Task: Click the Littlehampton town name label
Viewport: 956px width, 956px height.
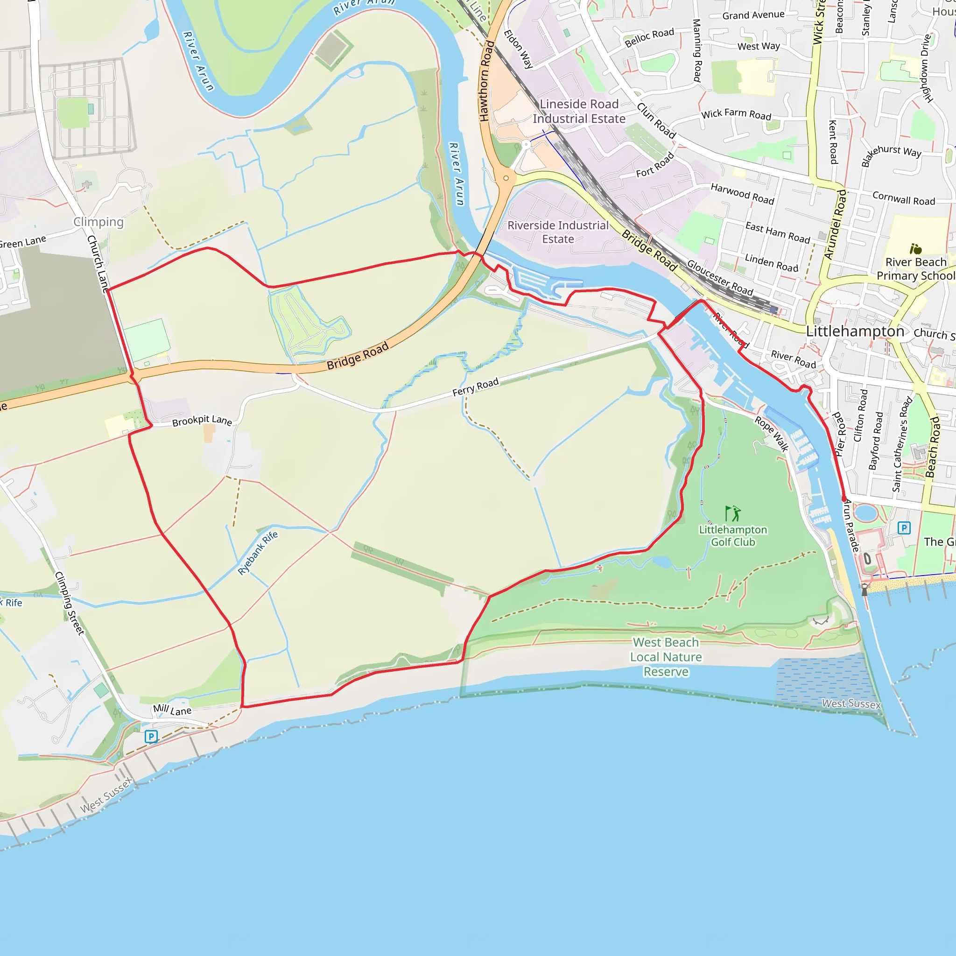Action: coord(855,331)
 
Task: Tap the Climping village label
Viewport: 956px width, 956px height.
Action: coord(98,222)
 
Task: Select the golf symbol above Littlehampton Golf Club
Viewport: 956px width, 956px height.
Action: coord(732,513)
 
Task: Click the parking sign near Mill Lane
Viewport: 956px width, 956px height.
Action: coord(151,737)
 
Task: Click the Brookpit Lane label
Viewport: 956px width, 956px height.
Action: coord(202,421)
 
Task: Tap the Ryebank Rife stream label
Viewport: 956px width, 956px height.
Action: coord(257,553)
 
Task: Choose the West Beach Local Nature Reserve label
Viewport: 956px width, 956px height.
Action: coord(666,657)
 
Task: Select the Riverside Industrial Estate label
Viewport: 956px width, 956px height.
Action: coord(558,232)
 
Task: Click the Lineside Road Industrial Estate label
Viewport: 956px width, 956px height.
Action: coord(579,112)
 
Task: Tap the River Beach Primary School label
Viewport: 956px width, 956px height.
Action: coord(915,269)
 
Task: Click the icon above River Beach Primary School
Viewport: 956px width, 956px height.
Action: coord(915,248)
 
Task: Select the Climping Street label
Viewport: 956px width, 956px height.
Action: coord(69,603)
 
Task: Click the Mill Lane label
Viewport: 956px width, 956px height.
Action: coord(172,710)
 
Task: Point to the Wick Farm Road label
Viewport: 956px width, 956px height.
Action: coord(736,114)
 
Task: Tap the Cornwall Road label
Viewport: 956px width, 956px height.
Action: coord(904,198)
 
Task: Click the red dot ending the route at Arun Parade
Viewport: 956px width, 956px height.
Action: coord(844,499)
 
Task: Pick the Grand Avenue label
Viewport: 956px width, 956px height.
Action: coord(753,15)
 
